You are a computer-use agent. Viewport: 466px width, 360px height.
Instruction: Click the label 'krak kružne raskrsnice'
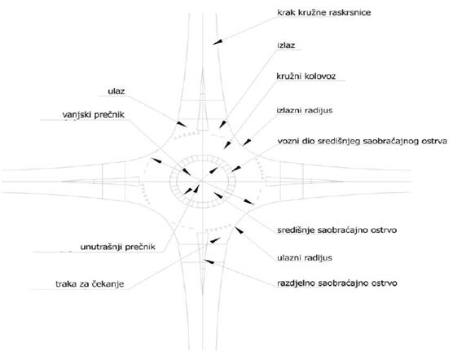(x=324, y=13)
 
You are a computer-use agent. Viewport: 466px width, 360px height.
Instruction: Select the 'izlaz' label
(x=286, y=46)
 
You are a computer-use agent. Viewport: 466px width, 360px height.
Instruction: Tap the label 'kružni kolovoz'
(x=306, y=77)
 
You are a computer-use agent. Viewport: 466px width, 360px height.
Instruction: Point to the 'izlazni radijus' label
(x=305, y=111)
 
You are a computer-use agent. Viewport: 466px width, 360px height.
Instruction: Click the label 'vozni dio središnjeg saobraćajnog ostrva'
(x=363, y=141)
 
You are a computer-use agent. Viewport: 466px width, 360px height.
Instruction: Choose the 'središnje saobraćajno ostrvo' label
(x=337, y=230)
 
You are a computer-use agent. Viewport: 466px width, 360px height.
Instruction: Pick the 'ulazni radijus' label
(x=305, y=258)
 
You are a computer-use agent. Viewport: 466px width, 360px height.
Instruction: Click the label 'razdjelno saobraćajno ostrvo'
(x=337, y=283)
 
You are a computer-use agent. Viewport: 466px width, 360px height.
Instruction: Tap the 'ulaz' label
(x=116, y=91)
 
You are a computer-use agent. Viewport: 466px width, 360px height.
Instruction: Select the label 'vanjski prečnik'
(x=94, y=115)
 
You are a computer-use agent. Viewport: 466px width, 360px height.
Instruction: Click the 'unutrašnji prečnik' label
(x=117, y=247)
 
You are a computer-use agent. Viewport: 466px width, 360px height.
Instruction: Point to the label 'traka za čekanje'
(x=90, y=284)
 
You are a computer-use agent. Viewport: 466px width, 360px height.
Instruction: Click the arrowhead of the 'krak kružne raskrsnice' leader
(x=218, y=42)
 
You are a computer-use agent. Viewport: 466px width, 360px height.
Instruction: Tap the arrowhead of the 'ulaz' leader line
(x=182, y=124)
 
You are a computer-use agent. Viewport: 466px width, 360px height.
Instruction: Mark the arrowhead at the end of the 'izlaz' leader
(x=222, y=124)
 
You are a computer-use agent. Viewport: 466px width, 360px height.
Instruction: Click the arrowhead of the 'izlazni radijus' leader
(x=246, y=143)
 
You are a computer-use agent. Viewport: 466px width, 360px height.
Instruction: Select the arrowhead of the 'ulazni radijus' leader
(x=240, y=230)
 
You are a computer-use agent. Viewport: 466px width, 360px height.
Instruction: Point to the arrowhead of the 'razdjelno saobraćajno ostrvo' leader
(x=209, y=261)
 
